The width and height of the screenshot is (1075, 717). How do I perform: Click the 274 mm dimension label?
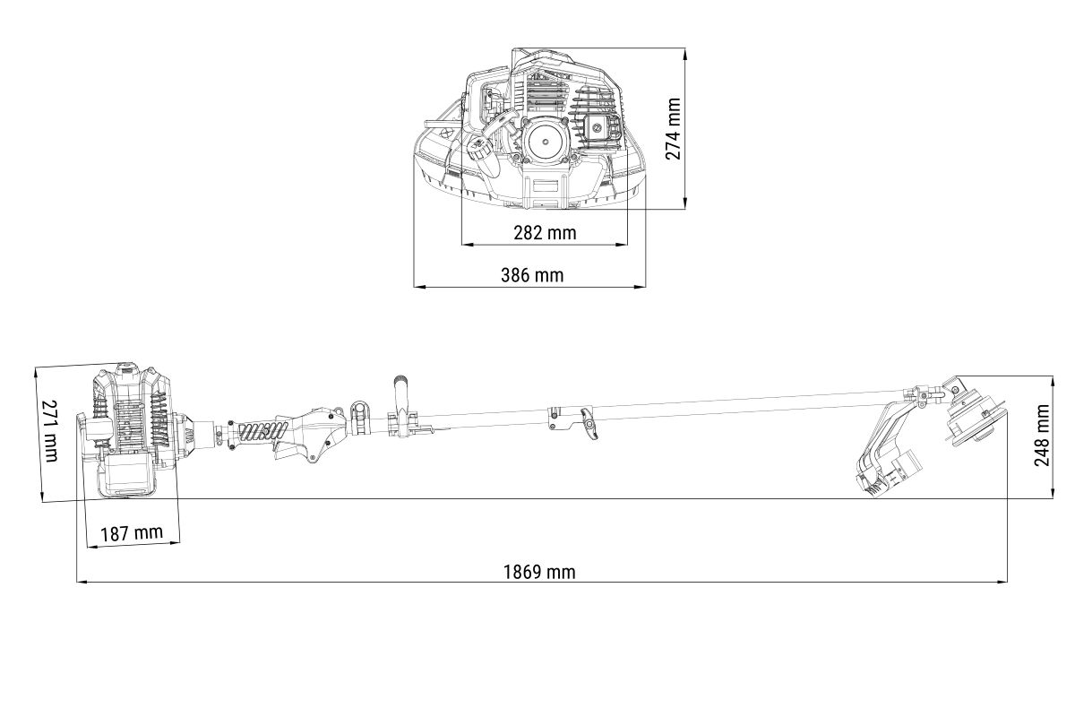pos(674,128)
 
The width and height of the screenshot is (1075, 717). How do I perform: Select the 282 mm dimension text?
pos(545,233)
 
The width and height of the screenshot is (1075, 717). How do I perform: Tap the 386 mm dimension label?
pos(532,275)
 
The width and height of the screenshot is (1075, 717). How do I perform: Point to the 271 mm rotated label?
pos(50,431)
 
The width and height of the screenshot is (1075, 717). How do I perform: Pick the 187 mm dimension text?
pos(132,532)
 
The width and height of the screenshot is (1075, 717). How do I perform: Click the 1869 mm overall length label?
pos(539,572)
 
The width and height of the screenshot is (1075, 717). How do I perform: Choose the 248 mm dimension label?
pos(1042,435)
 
